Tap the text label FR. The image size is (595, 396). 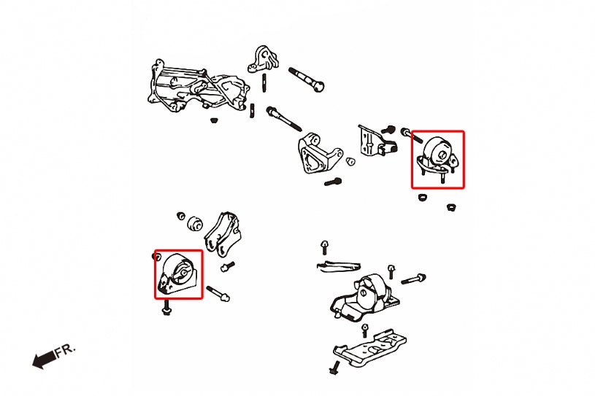pos(65,351)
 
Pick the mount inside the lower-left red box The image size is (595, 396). pos(178,276)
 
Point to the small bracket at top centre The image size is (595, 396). pos(264,59)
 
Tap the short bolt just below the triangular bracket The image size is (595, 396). pos(333,181)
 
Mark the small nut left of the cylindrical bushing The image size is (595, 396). pos(180,216)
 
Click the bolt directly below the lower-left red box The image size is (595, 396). pos(166,310)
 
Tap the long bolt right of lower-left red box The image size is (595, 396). pos(218,294)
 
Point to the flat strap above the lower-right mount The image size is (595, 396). pos(339,265)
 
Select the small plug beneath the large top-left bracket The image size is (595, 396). pos(213,120)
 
